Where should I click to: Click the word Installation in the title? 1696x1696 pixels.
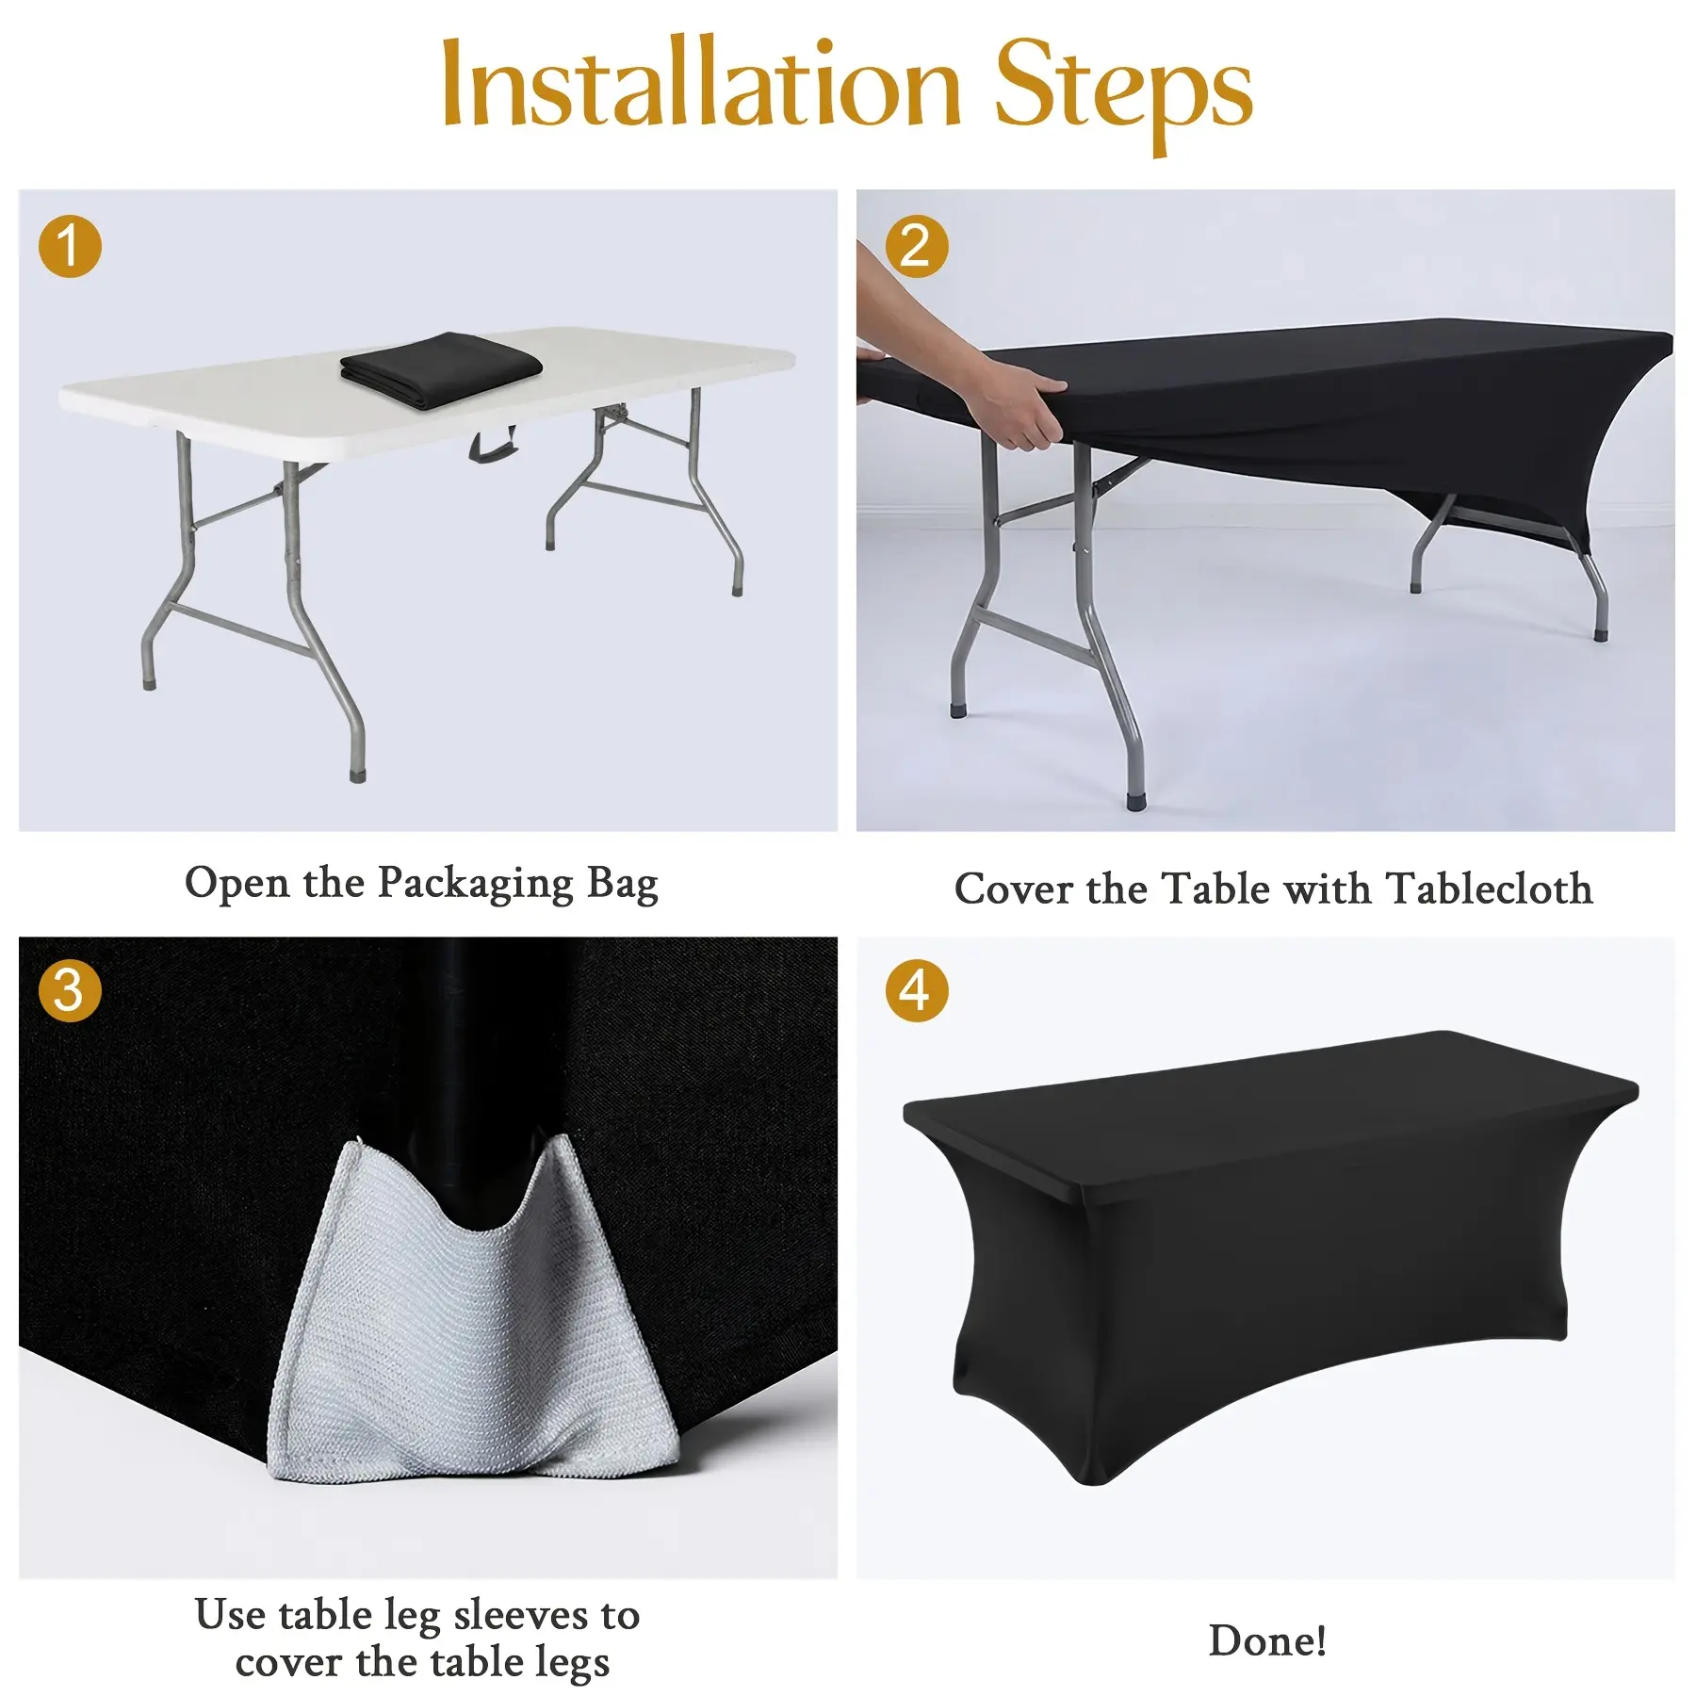pos(702,84)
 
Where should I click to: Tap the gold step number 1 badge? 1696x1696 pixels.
pos(70,247)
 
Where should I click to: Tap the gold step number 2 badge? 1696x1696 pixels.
pos(916,247)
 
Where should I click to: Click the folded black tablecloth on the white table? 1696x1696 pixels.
pos(441,369)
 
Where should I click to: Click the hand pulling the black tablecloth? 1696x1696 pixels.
pos(1013,400)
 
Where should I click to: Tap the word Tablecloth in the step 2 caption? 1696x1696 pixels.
pos(1490,889)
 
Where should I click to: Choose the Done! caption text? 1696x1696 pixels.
pos(1268,1640)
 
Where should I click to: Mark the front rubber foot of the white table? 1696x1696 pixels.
pos(357,775)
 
